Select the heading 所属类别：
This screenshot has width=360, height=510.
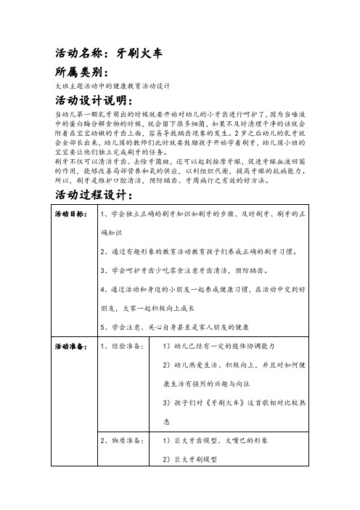point(81,73)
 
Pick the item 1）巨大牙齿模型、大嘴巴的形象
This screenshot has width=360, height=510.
point(221,440)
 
